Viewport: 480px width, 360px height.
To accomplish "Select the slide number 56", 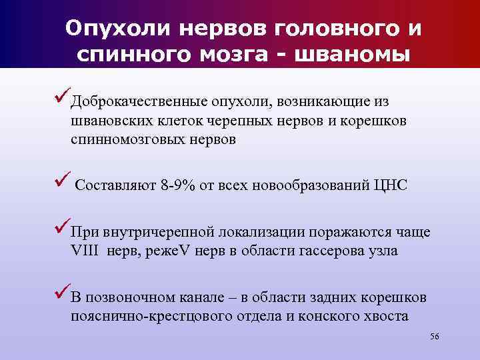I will [435, 338].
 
